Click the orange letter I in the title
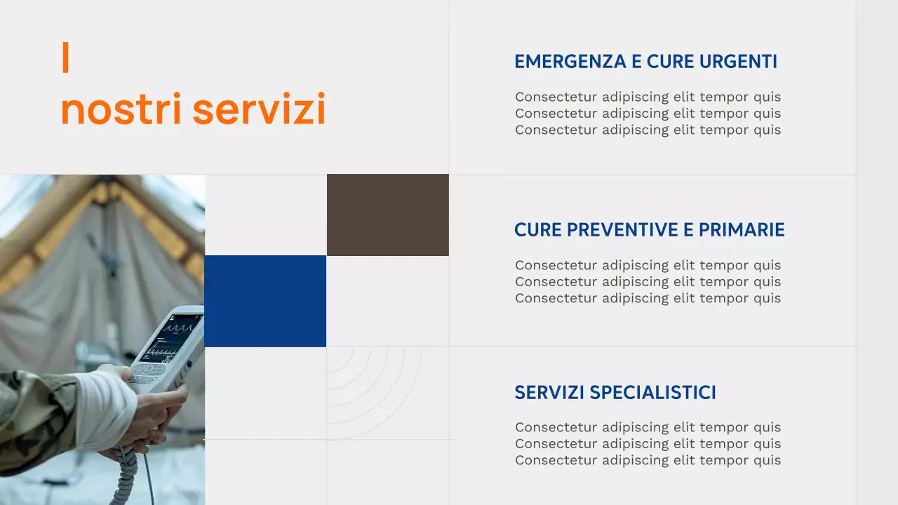point(65,58)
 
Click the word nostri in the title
point(121,111)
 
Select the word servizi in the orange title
point(259,109)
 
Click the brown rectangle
point(387,215)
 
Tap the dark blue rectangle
point(265,301)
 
